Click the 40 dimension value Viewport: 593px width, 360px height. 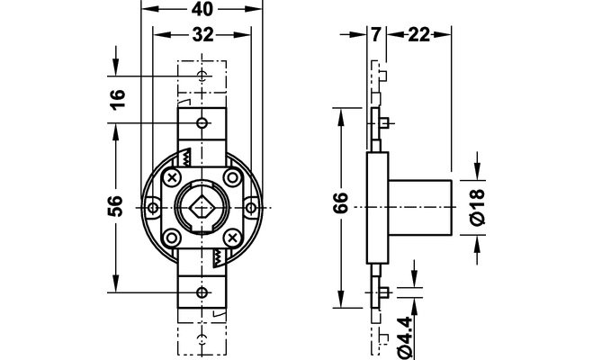(202, 10)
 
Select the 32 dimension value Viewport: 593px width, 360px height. (203, 35)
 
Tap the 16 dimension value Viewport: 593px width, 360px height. (119, 98)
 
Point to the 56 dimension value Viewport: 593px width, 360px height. (116, 206)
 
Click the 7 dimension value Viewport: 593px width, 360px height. (375, 35)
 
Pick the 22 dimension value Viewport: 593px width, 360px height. (418, 35)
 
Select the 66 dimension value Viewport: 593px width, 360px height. (341, 202)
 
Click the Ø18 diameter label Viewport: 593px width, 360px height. (477, 207)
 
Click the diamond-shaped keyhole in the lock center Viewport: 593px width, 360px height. (202, 208)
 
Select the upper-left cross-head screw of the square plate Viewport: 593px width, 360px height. (172, 177)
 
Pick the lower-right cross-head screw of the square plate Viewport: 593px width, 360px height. (232, 238)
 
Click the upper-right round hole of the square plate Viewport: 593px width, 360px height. (232, 177)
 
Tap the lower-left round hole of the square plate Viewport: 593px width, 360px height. (172, 238)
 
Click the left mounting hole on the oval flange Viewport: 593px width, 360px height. (153, 208)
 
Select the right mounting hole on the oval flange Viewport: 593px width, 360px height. (251, 208)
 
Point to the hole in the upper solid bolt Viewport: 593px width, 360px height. (202, 123)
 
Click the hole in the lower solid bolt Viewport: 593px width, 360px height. (202, 292)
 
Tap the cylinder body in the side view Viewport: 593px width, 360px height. (420, 208)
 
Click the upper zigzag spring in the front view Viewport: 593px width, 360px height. (187, 158)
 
